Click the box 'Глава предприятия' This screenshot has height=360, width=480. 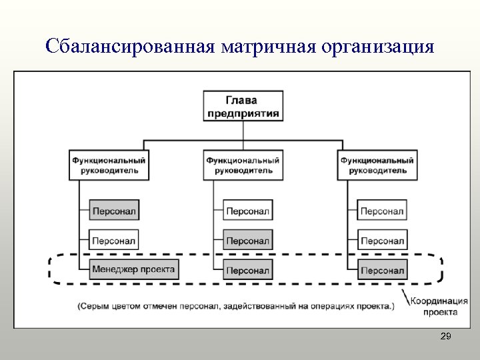pos(243,105)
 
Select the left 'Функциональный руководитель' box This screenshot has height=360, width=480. pos(109,165)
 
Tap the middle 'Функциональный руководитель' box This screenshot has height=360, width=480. pos(243,165)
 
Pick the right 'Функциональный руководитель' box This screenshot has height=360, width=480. pos(377,165)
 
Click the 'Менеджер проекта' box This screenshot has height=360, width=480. pos(133,270)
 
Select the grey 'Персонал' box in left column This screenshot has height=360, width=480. pos(113,211)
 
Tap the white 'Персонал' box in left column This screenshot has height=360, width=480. pos(113,240)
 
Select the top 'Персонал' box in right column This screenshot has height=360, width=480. pos(382,211)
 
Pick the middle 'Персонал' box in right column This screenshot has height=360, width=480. pos(382,240)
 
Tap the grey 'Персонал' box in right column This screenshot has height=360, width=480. pos(382,270)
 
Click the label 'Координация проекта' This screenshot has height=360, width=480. pos(434,306)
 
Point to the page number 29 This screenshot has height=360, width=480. pos(446,337)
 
